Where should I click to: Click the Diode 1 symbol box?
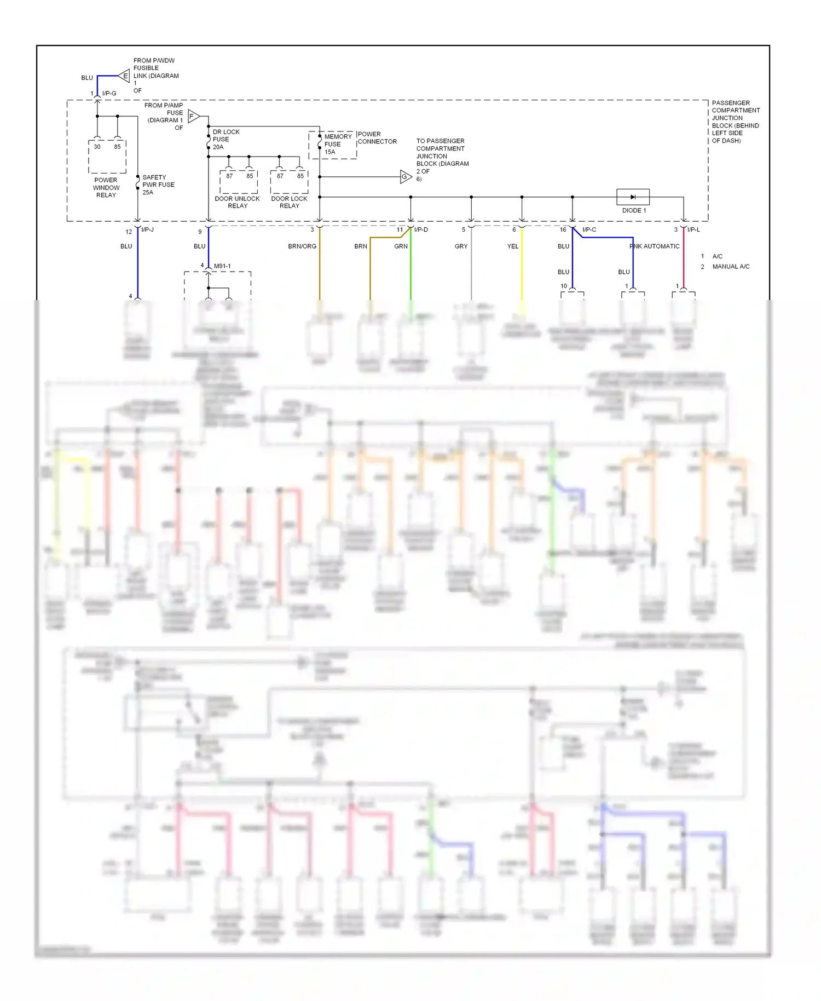pos(633,197)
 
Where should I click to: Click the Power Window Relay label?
pos(106,187)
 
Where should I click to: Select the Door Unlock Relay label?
pos(237,202)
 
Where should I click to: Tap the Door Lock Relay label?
pos(289,202)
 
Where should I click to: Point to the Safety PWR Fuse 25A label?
pos(158,185)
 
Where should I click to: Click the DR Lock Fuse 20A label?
pos(226,140)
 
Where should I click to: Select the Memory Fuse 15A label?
pos(338,144)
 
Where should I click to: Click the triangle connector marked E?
pos(125,76)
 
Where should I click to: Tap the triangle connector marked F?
pos(193,116)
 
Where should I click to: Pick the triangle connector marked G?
pos(405,177)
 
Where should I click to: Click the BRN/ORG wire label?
pos(302,246)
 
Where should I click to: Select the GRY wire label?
pos(461,246)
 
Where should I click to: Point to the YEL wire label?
pos(512,246)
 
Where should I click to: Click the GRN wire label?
pos(401,246)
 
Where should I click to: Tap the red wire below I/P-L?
pos(683,263)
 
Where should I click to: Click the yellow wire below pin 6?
pos(522,268)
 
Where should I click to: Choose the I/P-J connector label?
pos(147,229)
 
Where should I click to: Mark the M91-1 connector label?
pos(222,266)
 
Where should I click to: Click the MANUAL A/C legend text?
pos(731,267)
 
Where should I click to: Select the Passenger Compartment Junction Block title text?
pos(735,122)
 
